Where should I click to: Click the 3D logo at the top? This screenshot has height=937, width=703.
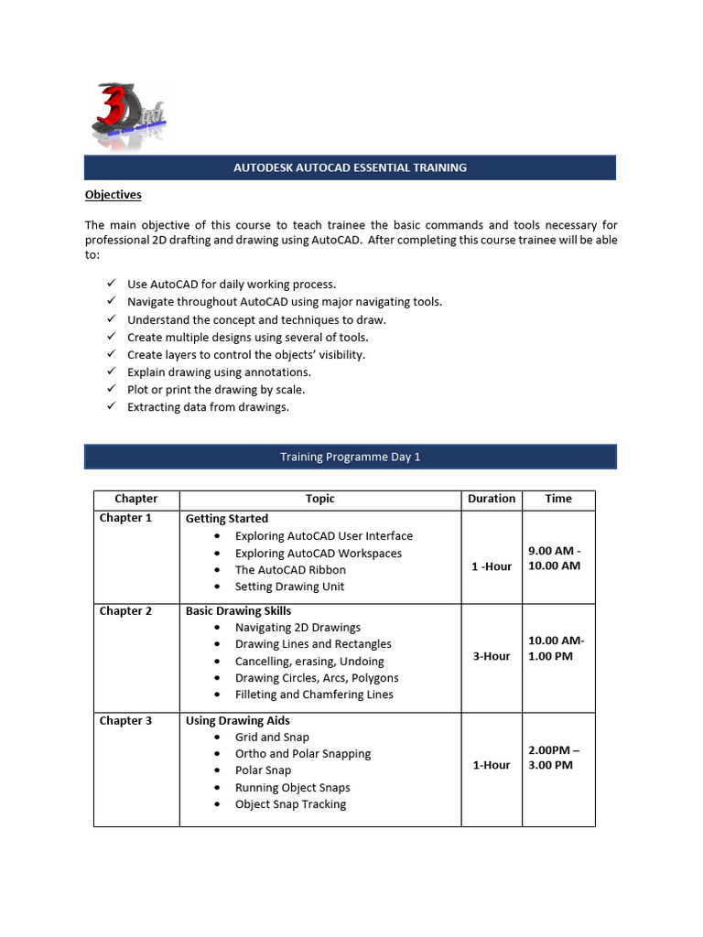click(127, 113)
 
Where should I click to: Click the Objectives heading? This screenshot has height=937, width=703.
click(113, 194)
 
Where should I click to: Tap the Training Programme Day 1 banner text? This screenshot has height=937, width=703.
click(350, 457)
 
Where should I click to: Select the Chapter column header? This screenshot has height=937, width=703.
click(135, 499)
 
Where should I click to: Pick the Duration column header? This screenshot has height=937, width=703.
click(491, 499)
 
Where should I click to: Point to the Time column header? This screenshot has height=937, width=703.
click(557, 499)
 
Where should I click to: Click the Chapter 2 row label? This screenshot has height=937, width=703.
click(125, 610)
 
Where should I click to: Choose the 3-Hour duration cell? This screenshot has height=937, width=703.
click(492, 656)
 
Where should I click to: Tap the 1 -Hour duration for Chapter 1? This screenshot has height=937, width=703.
click(492, 566)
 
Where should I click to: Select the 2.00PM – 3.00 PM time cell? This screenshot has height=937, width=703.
click(555, 758)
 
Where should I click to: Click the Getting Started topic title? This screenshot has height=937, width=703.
click(227, 519)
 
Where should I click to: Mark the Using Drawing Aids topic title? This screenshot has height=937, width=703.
click(238, 720)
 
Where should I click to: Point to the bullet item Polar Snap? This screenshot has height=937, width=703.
click(263, 770)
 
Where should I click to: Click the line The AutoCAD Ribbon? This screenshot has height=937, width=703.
click(290, 570)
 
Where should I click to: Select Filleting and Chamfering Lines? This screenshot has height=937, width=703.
click(314, 695)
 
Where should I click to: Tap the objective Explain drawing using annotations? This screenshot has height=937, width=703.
click(219, 372)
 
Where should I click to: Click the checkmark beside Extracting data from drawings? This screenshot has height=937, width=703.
click(111, 406)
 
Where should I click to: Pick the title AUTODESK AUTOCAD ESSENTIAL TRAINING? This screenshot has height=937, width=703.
click(350, 167)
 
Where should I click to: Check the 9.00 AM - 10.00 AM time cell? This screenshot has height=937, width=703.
click(555, 558)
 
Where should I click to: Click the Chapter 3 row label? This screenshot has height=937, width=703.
click(125, 720)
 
